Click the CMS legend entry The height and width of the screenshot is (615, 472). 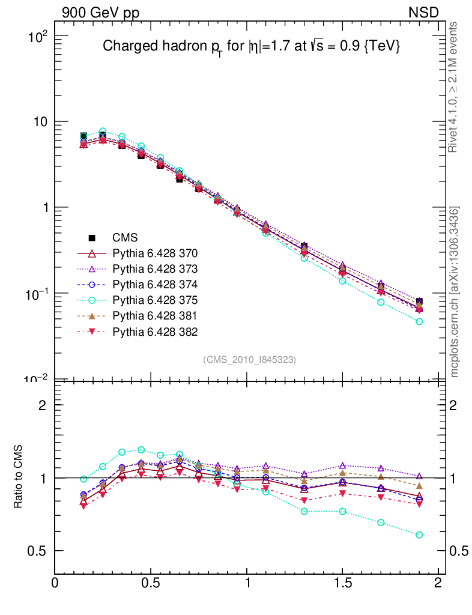(x=126, y=237)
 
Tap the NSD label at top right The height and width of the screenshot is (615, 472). (x=424, y=12)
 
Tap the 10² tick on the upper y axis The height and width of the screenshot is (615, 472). (x=37, y=37)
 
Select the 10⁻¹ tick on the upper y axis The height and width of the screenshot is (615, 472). (x=35, y=294)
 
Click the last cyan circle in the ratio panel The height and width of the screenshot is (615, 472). (x=419, y=535)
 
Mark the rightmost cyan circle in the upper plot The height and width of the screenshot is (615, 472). (x=419, y=322)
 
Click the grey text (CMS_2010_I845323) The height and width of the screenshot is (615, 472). (x=250, y=359)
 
